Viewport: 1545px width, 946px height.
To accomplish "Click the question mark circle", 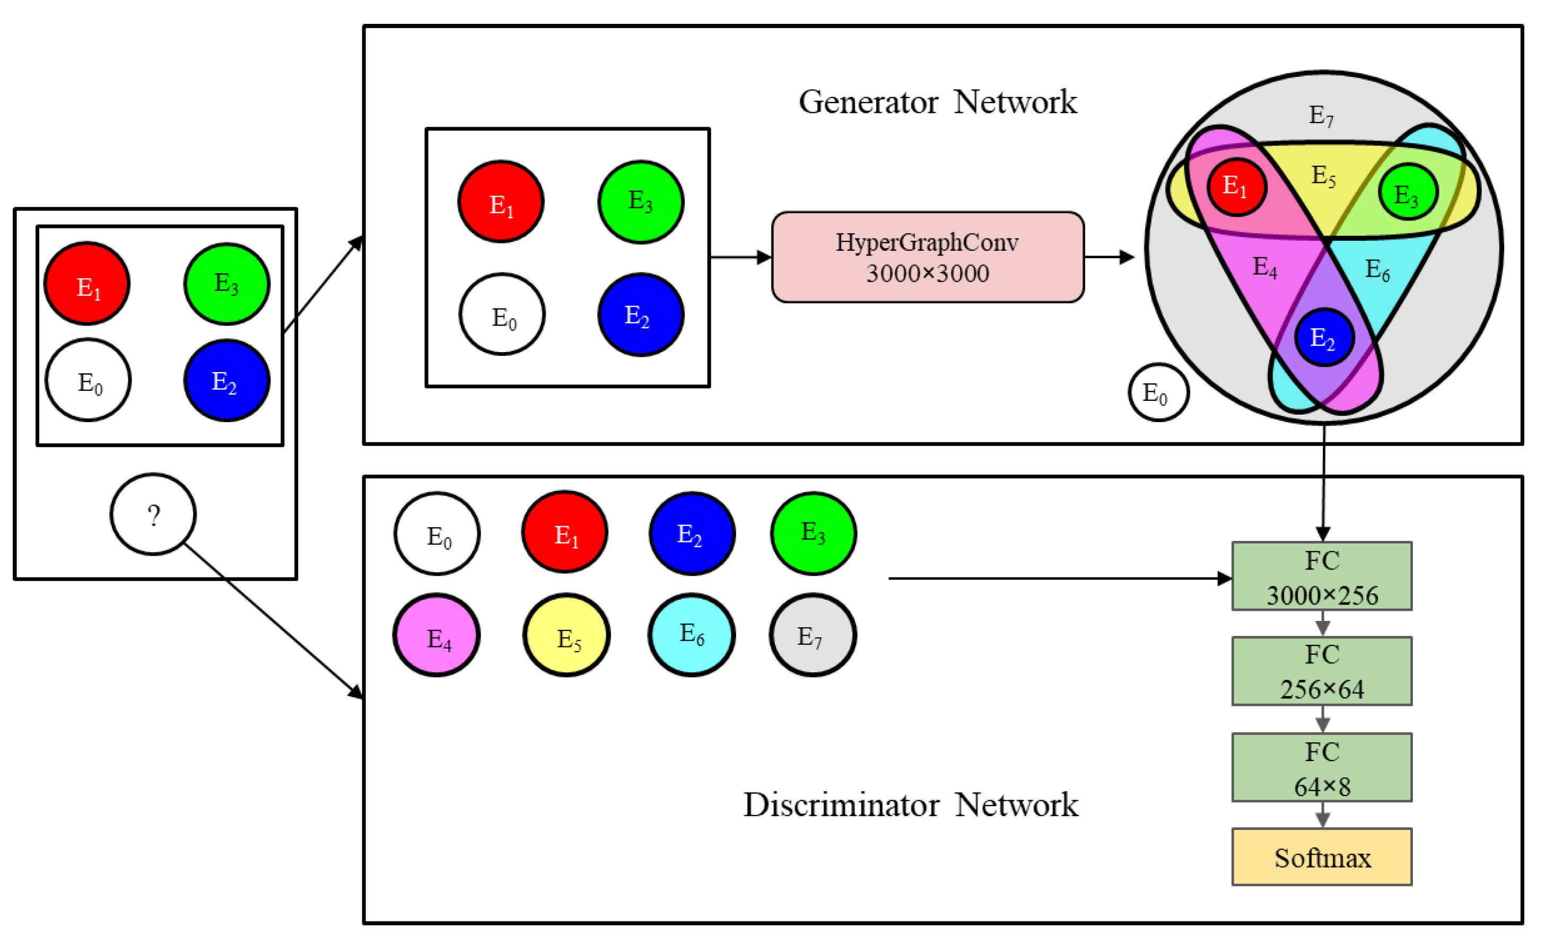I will pyautogui.click(x=153, y=514).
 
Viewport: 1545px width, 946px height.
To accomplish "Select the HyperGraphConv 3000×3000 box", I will pyautogui.click(x=928, y=257).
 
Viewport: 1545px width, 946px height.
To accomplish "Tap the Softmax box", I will pyautogui.click(x=1322, y=857).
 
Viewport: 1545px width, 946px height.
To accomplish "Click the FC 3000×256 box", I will pyautogui.click(x=1322, y=576).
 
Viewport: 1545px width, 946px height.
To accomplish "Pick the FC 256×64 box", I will pyautogui.click(x=1322, y=671).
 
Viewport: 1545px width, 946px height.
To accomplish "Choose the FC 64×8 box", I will pyautogui.click(x=1322, y=767).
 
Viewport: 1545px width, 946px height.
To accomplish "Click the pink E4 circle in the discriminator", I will pyautogui.click(x=437, y=635).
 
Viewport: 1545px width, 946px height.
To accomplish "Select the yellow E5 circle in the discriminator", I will pyautogui.click(x=567, y=635).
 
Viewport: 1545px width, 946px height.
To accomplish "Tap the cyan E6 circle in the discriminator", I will pyautogui.click(x=692, y=635).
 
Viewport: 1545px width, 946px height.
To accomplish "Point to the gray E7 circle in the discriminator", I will pyautogui.click(x=813, y=635).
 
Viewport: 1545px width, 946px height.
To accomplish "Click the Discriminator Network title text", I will pyautogui.click(x=911, y=805).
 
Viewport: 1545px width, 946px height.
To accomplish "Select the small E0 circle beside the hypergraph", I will pyautogui.click(x=1158, y=392).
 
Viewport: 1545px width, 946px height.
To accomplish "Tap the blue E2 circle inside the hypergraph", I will pyautogui.click(x=1324, y=337).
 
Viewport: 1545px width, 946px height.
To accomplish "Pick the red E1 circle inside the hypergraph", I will pyautogui.click(x=1236, y=187).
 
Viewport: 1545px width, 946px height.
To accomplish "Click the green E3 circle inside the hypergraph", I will pyautogui.click(x=1408, y=192).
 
